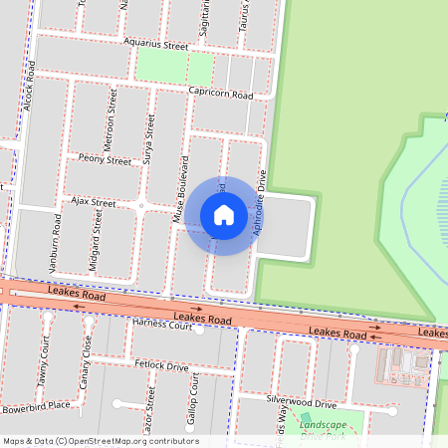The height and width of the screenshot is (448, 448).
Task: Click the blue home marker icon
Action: tap(224, 215)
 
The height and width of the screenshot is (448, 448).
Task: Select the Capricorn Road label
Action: tap(220, 93)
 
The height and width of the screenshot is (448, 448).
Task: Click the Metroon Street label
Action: tap(112, 119)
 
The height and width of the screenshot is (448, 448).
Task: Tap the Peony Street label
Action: tap(104, 160)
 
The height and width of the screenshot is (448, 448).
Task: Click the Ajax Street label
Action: tap(93, 202)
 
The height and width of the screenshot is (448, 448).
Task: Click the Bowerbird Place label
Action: tap(36, 406)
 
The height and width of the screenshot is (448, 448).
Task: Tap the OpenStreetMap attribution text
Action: tap(101, 441)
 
